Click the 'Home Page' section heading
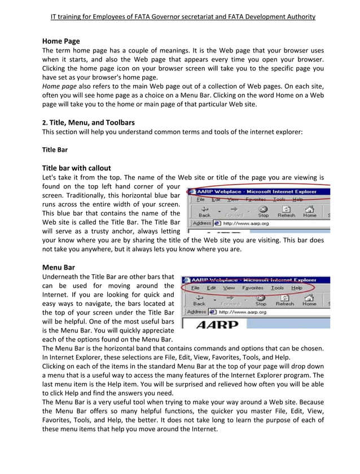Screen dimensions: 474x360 coord(61,41)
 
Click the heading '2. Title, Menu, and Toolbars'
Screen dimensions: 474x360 coord(88,122)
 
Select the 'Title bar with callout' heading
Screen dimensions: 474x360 coord(77,168)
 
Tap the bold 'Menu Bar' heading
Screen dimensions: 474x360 coord(59,267)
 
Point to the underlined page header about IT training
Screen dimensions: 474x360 coord(183,17)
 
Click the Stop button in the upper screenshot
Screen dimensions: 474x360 coord(264,211)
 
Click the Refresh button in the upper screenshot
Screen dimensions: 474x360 coord(286,211)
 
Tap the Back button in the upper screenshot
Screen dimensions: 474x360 coord(204,211)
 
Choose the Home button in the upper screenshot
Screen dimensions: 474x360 coord(309,211)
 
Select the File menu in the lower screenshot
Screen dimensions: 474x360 coord(195,288)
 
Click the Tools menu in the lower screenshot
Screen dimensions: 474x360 coord(277,288)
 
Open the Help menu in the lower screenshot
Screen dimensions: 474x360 coord(296,288)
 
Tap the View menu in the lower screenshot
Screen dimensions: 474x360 coord(229,288)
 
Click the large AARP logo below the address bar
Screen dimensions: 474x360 coord(217,324)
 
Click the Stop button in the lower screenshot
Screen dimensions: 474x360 coord(261,300)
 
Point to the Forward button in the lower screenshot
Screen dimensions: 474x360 coord(230,300)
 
